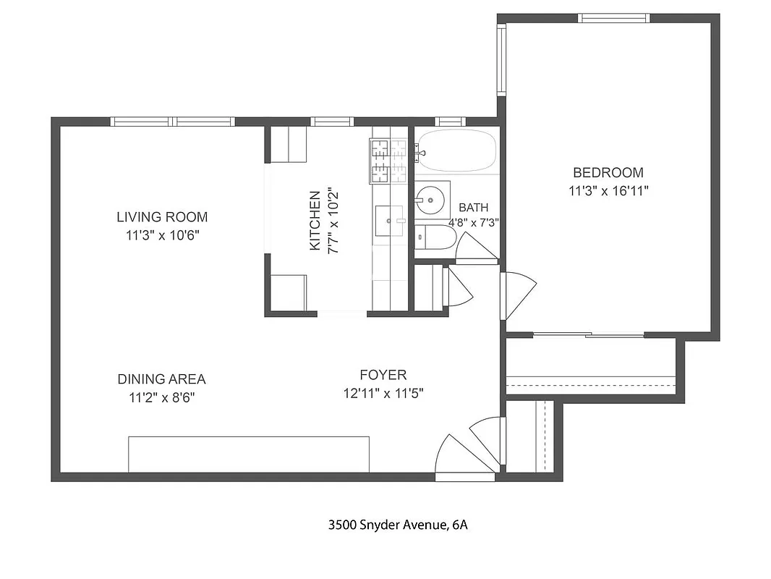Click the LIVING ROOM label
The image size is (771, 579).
click(162, 216)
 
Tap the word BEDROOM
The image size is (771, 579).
click(608, 173)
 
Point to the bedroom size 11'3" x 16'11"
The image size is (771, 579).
click(608, 191)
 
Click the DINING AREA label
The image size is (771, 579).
click(161, 379)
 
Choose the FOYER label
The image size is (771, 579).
click(383, 375)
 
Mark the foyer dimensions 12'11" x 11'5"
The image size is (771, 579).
click(383, 394)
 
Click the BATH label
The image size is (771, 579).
click(473, 208)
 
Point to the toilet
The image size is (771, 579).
click(435, 237)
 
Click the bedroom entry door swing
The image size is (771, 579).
click(518, 293)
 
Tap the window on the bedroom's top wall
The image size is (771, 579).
click(613, 18)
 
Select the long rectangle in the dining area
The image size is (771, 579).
click(249, 454)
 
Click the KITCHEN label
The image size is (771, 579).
click(315, 220)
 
